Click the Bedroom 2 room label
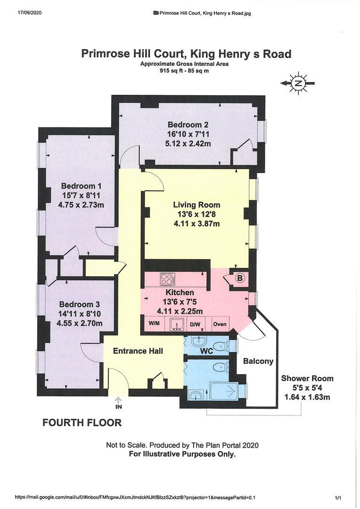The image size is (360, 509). pyautogui.click(x=188, y=124)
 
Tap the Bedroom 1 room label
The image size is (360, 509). pyautogui.click(x=81, y=186)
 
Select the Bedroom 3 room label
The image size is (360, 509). pyautogui.click(x=80, y=304)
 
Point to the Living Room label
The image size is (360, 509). pyautogui.click(x=196, y=205)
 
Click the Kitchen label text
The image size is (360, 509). pyautogui.click(x=180, y=293)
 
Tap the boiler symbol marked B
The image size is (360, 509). pyautogui.click(x=240, y=278)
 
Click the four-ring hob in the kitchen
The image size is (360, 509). pyautogui.click(x=168, y=279)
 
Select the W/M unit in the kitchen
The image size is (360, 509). pyautogui.click(x=154, y=324)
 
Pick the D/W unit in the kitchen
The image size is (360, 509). pyautogui.click(x=196, y=324)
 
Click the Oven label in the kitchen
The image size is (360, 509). pyautogui.click(x=220, y=324)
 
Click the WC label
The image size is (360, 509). pyautogui.click(x=206, y=351)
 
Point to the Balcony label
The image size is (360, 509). pyautogui.click(x=258, y=361)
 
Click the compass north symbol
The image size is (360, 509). pyautogui.click(x=298, y=83)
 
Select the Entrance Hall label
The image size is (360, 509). pyautogui.click(x=138, y=351)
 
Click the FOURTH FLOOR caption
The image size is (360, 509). pyautogui.click(x=82, y=423)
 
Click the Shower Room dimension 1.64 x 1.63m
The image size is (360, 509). pyautogui.click(x=307, y=397)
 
